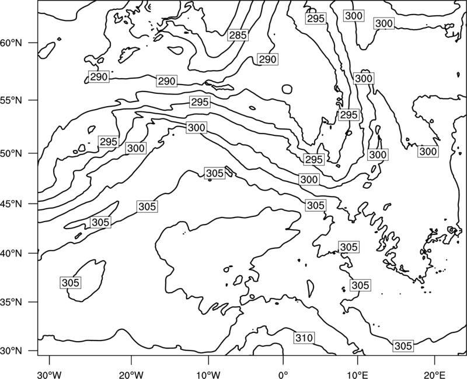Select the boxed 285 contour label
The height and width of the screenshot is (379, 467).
(238, 35)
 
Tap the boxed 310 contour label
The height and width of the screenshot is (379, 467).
(304, 338)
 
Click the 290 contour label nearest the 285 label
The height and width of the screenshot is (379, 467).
(267, 59)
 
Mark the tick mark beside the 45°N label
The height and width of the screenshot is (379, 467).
(33, 203)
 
